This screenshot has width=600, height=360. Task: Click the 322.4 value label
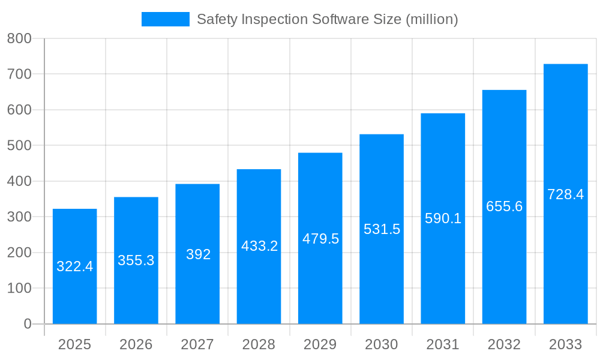pyautogui.click(x=75, y=266)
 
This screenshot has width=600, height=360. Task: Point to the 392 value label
pyautogui.click(x=198, y=254)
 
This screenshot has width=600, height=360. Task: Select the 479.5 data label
pyautogui.click(x=320, y=239)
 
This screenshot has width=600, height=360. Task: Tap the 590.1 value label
pyautogui.click(x=443, y=218)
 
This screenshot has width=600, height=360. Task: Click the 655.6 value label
pyautogui.click(x=504, y=206)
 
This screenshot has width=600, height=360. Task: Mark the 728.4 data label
pyautogui.click(x=565, y=194)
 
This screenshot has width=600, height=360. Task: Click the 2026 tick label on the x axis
pyautogui.click(x=136, y=344)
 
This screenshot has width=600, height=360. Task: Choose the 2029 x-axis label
pyautogui.click(x=320, y=344)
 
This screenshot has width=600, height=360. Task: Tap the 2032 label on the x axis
pyautogui.click(x=504, y=344)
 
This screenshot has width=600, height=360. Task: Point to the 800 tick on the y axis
pyautogui.click(x=19, y=38)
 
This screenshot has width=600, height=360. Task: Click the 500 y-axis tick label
pyautogui.click(x=19, y=146)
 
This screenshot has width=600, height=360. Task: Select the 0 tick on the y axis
pyautogui.click(x=27, y=324)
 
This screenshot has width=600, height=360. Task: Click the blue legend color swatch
pyautogui.click(x=165, y=19)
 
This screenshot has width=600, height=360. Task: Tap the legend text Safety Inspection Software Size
pyautogui.click(x=327, y=19)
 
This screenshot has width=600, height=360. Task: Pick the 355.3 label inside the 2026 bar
pyautogui.click(x=136, y=260)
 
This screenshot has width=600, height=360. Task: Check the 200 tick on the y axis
pyautogui.click(x=19, y=253)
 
